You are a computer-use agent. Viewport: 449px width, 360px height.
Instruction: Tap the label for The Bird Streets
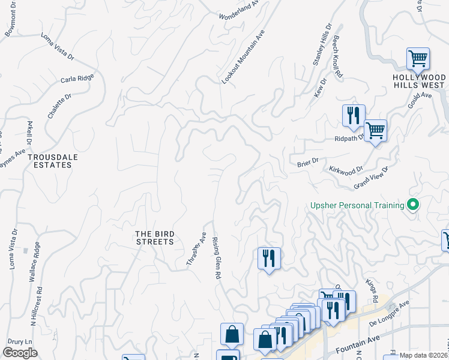(154, 238)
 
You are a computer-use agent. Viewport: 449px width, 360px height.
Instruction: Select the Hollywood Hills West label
(418, 81)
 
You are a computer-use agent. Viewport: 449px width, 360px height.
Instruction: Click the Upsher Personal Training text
(357, 205)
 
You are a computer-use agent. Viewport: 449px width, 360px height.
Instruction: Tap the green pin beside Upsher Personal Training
(412, 205)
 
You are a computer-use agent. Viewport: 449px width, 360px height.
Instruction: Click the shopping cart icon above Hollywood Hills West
(418, 59)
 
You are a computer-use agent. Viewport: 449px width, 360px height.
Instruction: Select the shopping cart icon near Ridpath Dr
(375, 131)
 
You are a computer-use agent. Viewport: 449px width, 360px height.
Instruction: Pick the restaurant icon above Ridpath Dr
(354, 115)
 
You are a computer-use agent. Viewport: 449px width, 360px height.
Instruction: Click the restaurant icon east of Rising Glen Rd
(269, 259)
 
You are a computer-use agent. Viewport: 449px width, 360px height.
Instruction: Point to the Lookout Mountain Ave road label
(243, 57)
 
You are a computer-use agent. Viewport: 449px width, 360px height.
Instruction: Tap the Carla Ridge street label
(77, 79)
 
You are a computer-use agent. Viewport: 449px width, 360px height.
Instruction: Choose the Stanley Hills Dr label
(321, 46)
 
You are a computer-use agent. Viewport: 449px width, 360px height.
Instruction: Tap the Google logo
(20, 353)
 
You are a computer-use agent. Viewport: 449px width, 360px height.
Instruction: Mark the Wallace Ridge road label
(34, 262)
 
